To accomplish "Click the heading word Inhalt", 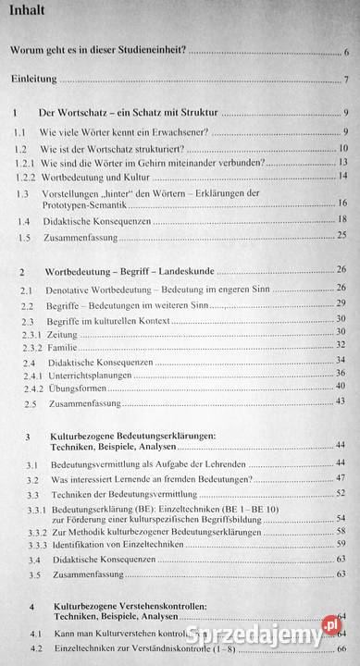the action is [31, 11].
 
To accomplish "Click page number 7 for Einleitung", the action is [345, 79].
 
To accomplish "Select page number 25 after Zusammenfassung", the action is [341, 238].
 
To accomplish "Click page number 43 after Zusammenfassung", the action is [341, 401].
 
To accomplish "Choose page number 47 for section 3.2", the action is [341, 479].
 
